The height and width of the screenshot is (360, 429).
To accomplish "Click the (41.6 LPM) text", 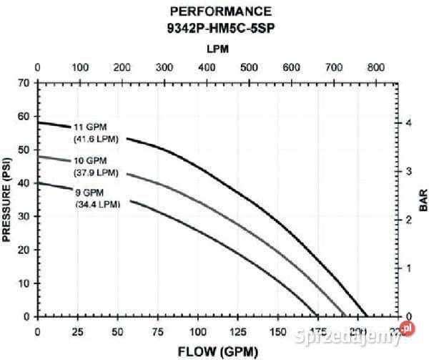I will pos(97,139).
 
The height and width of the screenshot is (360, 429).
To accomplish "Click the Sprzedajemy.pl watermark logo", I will pos(356,333).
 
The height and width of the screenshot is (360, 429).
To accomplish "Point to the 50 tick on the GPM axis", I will pos(121,332).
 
